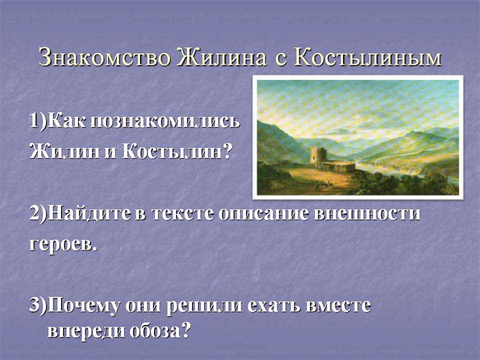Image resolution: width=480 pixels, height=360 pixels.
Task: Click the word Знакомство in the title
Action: (104, 57)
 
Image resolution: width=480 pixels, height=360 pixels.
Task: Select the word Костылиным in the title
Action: (368, 57)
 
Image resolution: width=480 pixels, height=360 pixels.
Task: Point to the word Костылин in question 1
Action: (176, 151)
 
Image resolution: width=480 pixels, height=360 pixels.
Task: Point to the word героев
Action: (63, 245)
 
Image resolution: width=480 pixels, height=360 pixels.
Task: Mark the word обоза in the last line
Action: (155, 330)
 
